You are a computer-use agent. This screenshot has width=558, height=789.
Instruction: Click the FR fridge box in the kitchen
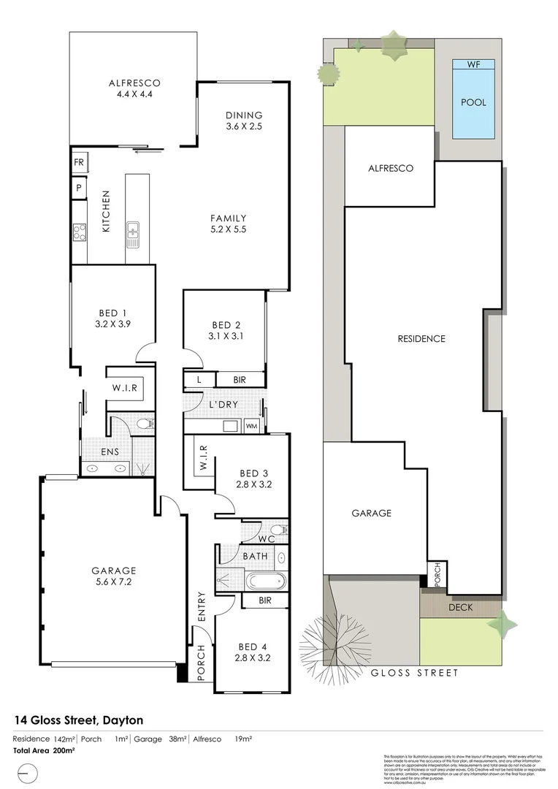[79, 162]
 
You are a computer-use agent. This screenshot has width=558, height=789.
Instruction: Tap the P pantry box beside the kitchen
[78, 187]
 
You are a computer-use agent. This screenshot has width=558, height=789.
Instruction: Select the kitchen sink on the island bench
[134, 234]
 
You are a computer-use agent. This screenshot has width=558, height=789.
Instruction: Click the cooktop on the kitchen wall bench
[79, 233]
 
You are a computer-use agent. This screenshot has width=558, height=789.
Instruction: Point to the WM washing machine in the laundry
[251, 425]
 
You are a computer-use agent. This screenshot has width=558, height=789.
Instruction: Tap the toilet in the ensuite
[145, 423]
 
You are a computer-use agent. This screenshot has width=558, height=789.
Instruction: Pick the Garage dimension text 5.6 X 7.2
[114, 583]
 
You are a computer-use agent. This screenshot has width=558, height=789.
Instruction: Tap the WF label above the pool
[473, 65]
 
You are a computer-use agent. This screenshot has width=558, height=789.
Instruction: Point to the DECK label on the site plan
[460, 606]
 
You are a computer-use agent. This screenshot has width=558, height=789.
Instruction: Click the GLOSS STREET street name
[415, 673]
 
